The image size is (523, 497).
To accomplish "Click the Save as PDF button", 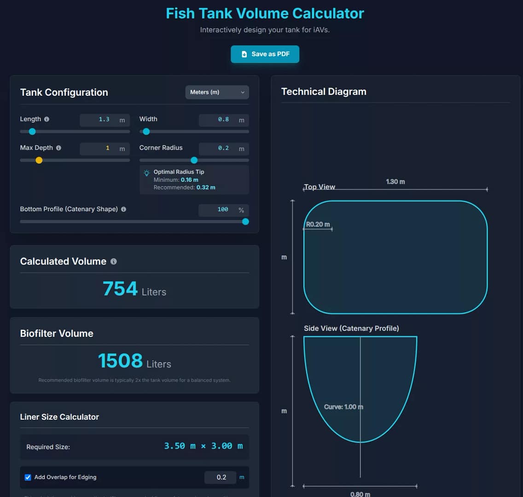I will click(265, 54).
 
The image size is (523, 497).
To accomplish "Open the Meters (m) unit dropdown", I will click(217, 92).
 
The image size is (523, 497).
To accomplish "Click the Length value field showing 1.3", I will click(99, 120).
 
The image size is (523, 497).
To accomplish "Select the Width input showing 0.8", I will click(218, 120).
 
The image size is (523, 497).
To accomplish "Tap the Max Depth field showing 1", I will click(99, 149).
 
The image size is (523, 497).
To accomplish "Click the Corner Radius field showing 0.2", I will click(218, 149).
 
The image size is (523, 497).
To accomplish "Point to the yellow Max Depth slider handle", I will click(39, 160).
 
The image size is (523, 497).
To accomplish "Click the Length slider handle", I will click(32, 132).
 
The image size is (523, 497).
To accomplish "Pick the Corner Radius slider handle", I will click(194, 160).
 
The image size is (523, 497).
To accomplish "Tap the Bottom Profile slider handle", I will click(245, 222).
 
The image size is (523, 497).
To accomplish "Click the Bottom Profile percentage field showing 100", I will click(218, 210).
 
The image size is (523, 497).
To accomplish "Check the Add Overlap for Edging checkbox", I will click(28, 477).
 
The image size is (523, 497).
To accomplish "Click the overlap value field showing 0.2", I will click(221, 477).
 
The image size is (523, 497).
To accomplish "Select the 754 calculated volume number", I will click(120, 289).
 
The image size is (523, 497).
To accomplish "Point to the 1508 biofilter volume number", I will click(120, 361).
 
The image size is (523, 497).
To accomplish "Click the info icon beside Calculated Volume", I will click(114, 261).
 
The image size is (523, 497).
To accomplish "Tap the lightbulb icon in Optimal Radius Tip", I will click(147, 173).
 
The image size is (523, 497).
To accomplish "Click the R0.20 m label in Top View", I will click(318, 225).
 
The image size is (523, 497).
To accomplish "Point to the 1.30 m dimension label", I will click(395, 182).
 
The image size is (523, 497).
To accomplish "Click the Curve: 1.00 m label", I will click(343, 407).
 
